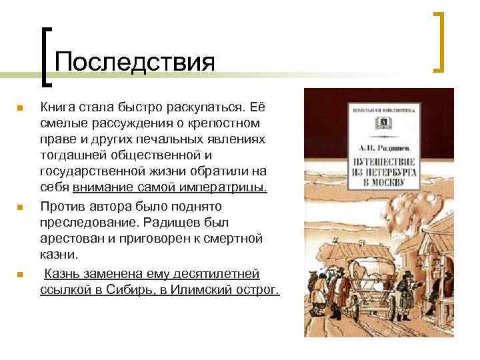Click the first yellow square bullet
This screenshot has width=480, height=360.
[x=21, y=107]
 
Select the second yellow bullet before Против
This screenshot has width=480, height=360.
[x=21, y=207]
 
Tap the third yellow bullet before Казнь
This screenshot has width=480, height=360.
[x=21, y=275]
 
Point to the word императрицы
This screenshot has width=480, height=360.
[x=228, y=189]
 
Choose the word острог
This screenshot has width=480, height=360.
[x=255, y=291]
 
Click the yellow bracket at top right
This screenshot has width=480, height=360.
[x=439, y=41]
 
